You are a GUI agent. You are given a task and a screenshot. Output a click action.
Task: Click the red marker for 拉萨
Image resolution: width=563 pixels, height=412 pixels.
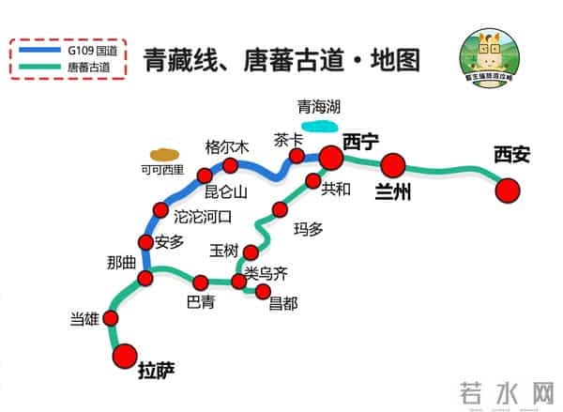coord(125,356)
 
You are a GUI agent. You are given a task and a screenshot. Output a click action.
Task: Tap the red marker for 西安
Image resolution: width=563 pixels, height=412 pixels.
coord(508,191)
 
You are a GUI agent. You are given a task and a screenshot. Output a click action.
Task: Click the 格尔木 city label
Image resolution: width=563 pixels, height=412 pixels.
coord(227,146)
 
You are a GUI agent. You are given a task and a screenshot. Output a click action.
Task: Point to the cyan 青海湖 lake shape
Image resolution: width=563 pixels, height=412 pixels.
coord(319,123)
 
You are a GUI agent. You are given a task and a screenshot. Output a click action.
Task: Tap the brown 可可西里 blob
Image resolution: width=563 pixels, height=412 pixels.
coord(166,153)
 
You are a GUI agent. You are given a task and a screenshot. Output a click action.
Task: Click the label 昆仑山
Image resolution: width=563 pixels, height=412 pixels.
coord(225,192)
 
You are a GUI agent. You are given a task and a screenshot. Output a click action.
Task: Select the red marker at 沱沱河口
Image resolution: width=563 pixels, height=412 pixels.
coord(160,210)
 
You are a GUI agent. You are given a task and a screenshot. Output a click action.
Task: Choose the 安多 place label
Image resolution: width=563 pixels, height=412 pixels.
coord(170,241)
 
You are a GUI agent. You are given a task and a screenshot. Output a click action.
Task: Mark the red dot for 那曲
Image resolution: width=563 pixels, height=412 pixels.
coord(145,278)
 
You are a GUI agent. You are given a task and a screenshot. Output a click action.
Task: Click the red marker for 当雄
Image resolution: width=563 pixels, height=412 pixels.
coord(112,318)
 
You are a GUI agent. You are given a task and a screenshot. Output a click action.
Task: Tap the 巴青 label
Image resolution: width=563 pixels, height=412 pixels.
coord(201,302)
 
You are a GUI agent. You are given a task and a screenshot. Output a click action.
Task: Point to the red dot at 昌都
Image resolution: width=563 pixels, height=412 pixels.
coord(263,290)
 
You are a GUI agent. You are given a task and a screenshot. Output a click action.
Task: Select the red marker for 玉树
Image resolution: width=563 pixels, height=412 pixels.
coord(251,252)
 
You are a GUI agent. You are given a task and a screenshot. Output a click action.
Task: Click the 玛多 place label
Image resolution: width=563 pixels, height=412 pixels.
coord(308,228)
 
